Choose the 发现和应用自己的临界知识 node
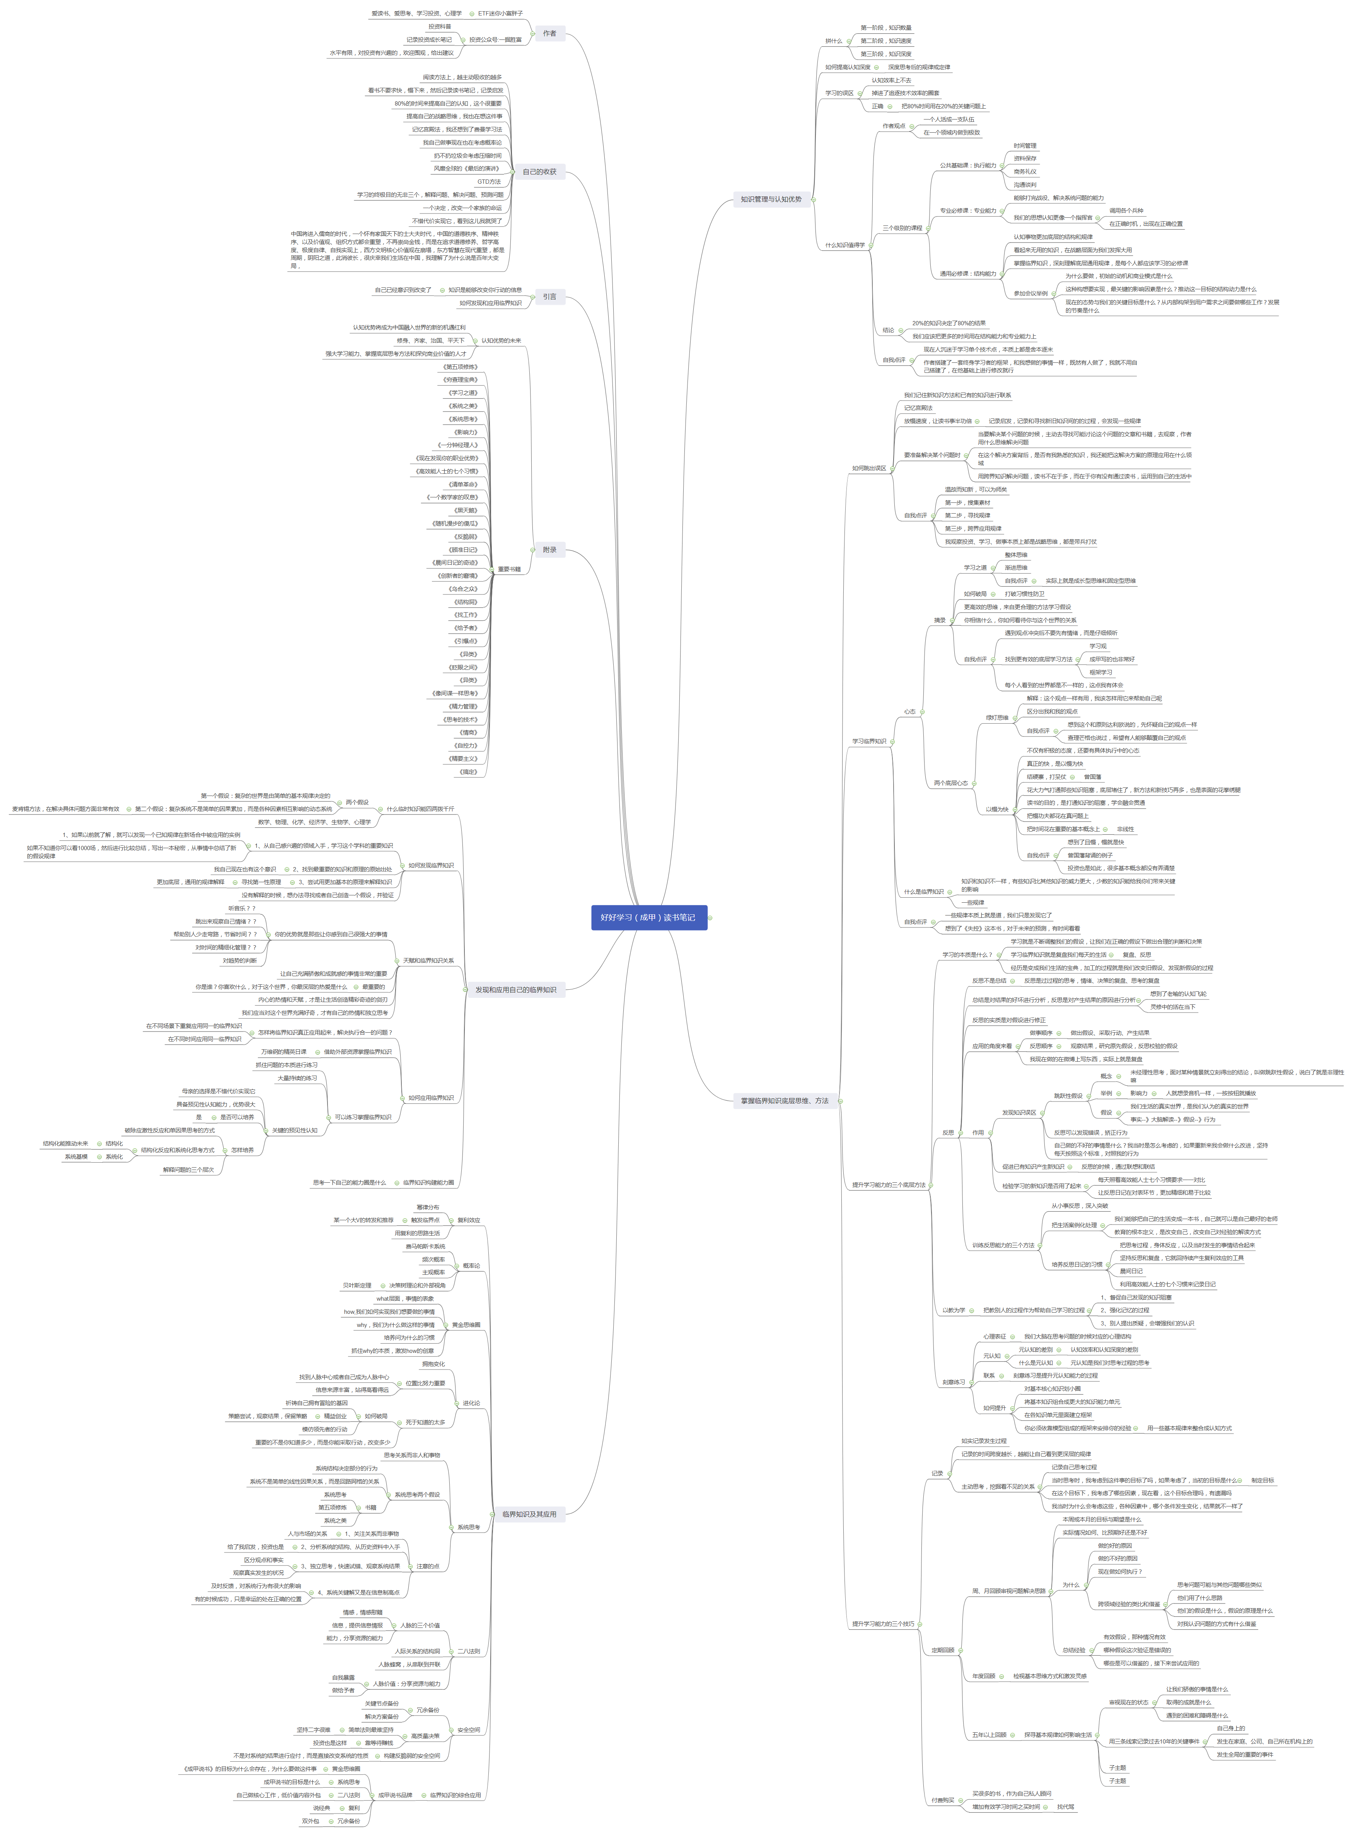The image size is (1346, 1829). [516, 989]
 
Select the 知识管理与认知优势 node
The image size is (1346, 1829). [771, 199]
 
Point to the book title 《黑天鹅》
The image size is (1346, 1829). [465, 510]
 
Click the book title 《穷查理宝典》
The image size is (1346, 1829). [461, 380]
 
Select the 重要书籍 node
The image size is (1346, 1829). [509, 569]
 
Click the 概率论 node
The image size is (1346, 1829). [471, 1266]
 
